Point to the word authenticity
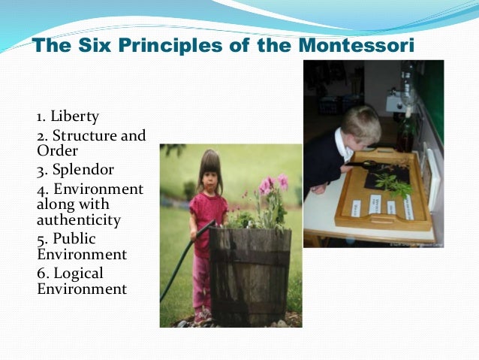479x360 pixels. tap(77, 220)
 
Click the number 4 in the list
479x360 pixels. tap(41, 187)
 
